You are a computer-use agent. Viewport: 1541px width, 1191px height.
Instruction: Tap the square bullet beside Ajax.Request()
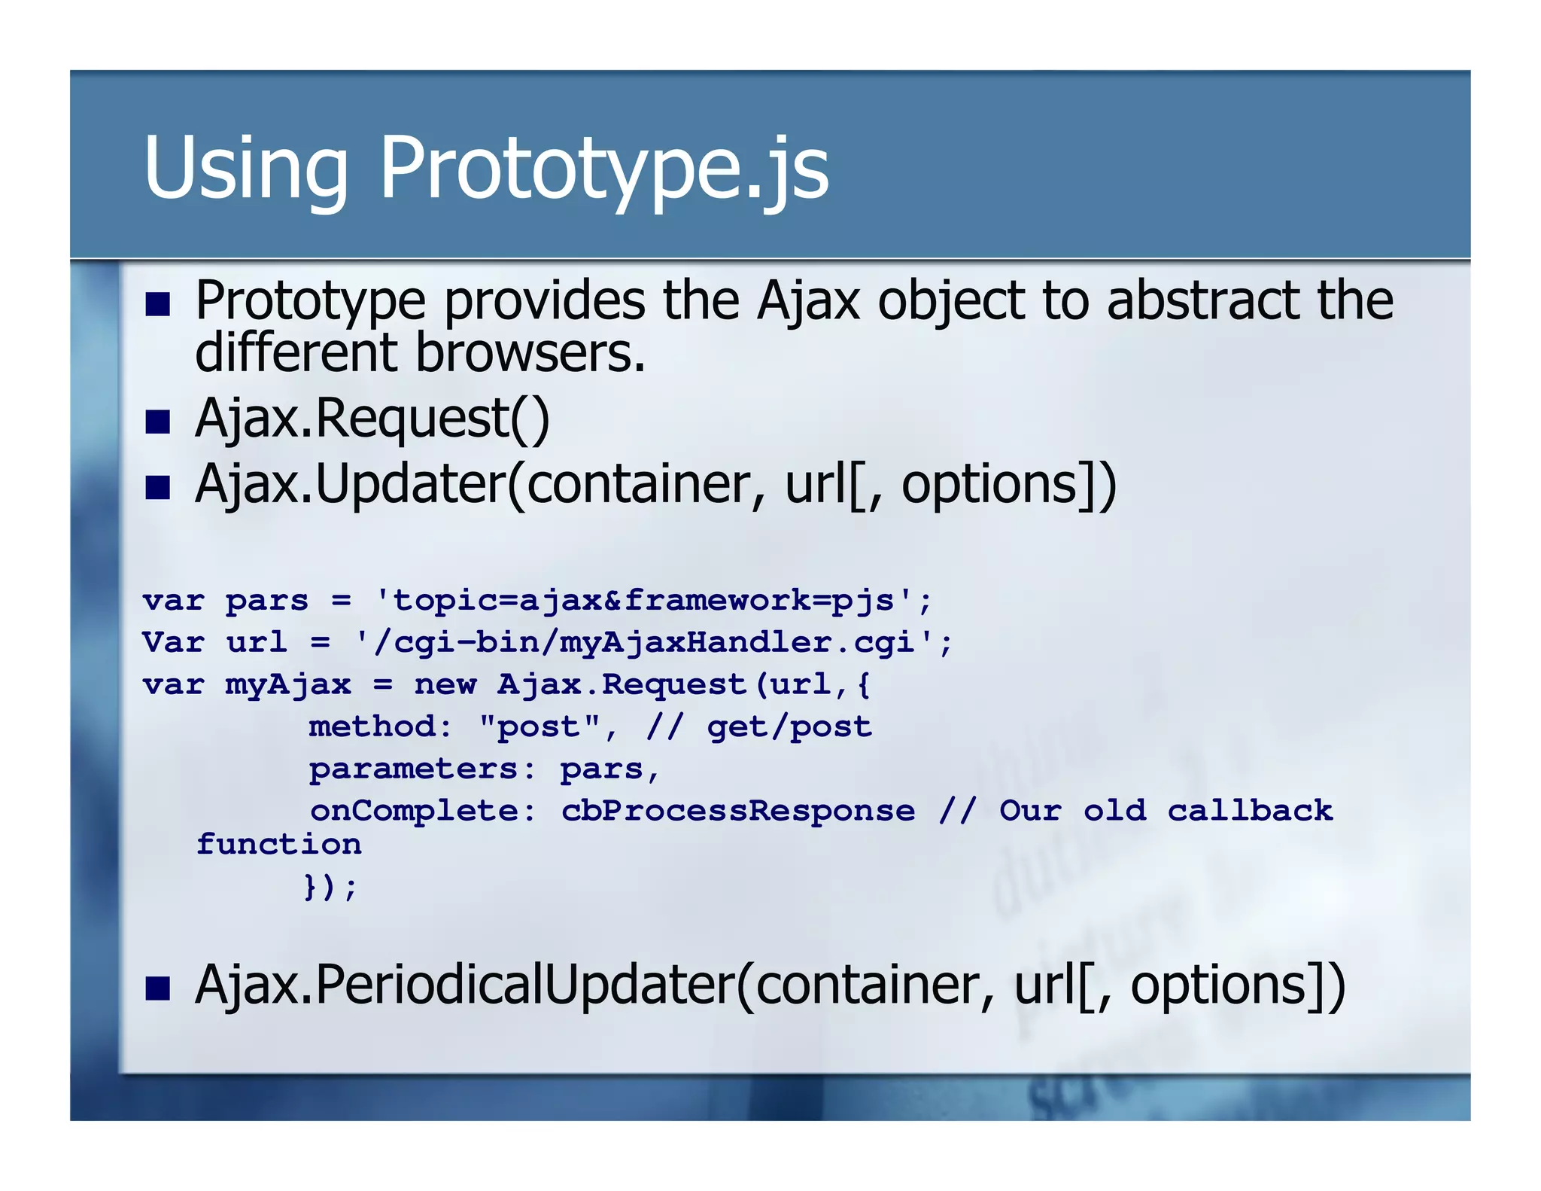[x=158, y=422]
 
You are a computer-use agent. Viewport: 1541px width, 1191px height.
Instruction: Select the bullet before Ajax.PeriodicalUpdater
[x=158, y=988]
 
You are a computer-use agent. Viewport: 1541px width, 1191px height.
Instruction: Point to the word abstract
[x=1202, y=300]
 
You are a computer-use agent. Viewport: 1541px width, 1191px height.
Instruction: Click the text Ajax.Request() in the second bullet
[x=372, y=419]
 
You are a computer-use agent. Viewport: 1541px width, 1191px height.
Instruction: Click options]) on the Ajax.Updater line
[x=1008, y=484]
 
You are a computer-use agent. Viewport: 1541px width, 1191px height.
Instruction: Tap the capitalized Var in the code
[x=173, y=642]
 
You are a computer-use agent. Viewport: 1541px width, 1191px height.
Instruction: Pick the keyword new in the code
[x=445, y=684]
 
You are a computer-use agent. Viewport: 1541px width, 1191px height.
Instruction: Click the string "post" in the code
[x=539, y=726]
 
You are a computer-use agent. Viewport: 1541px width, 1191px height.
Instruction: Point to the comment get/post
[x=789, y=727]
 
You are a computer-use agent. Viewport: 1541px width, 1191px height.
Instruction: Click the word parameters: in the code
[x=422, y=769]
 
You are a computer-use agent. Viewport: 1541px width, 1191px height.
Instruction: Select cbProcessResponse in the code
[x=738, y=811]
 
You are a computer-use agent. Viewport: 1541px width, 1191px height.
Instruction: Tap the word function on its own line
[x=279, y=844]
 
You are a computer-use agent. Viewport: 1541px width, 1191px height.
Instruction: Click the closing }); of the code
[x=330, y=887]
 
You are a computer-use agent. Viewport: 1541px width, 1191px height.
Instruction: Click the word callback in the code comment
[x=1250, y=811]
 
